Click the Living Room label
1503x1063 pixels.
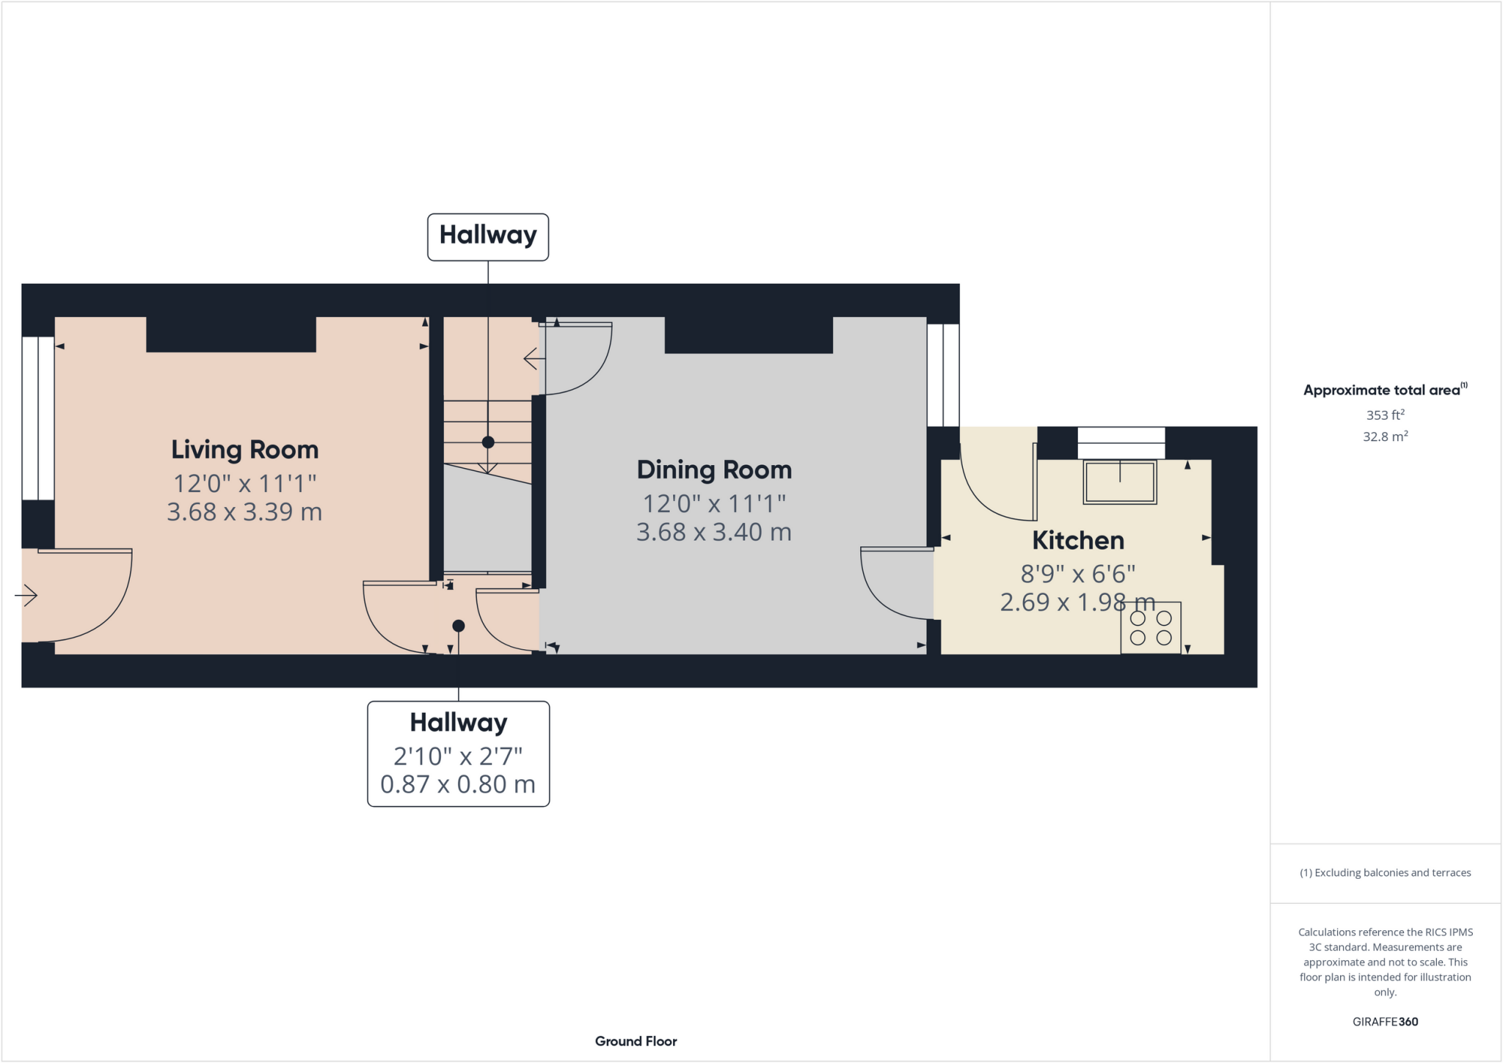(244, 450)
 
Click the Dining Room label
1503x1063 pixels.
(714, 470)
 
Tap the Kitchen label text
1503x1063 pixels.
(1077, 541)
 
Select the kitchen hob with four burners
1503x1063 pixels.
(1150, 627)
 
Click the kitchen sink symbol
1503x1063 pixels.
(1120, 482)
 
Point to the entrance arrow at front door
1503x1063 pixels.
(26, 595)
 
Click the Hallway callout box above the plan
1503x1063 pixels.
(488, 236)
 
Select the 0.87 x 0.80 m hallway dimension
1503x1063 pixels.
(458, 784)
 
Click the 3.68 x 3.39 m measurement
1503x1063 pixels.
(244, 511)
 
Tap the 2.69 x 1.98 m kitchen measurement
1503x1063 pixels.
(1077, 602)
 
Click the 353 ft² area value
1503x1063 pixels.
(1385, 415)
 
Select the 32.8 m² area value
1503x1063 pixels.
(1385, 436)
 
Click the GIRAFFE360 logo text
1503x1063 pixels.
(1385, 1021)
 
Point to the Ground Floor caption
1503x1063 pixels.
(636, 1041)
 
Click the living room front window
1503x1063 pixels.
(37, 418)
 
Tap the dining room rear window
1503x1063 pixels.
(943, 375)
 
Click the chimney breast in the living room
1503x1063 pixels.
(231, 335)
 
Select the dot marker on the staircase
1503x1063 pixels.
(488, 442)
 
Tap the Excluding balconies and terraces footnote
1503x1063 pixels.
(1385, 873)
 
